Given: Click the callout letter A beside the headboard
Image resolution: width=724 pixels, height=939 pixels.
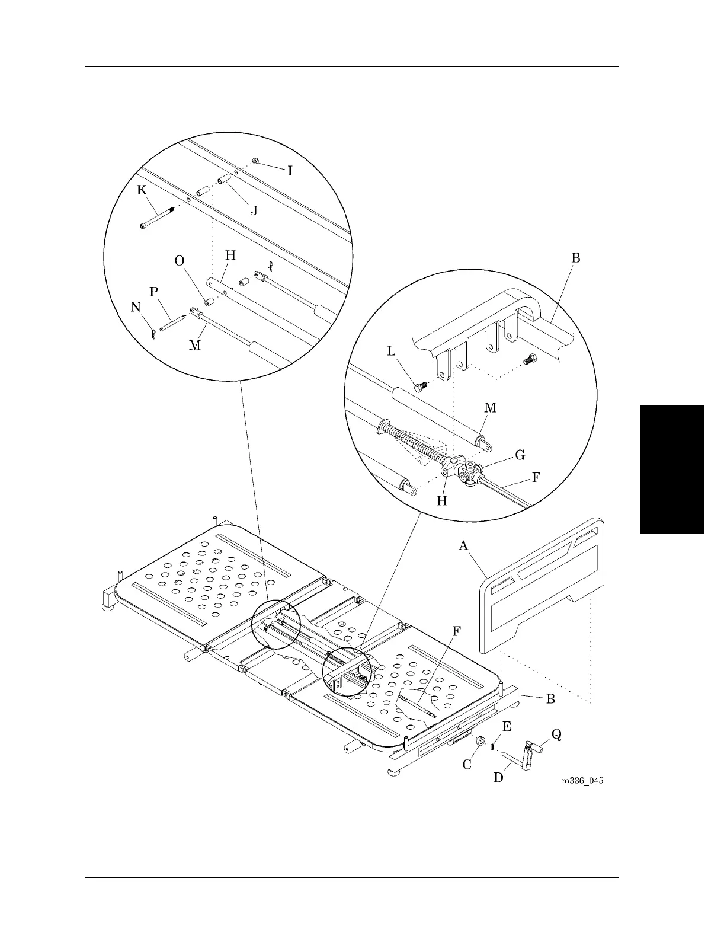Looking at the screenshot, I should click(x=464, y=545).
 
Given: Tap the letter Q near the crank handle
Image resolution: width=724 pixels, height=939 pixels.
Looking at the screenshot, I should click(x=556, y=734).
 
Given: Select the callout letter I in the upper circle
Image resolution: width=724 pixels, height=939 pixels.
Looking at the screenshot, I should click(x=290, y=171).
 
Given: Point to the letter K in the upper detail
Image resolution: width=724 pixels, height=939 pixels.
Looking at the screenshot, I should click(x=142, y=190).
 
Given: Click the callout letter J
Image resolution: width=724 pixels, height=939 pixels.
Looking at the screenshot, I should click(x=254, y=210).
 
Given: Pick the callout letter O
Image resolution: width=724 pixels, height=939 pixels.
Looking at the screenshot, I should click(x=180, y=261).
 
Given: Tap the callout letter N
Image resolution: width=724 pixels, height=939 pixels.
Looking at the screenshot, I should click(x=136, y=306).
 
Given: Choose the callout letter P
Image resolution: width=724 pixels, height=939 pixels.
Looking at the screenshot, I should click(x=154, y=292).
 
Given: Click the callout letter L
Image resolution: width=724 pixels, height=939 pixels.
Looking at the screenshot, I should click(x=392, y=351).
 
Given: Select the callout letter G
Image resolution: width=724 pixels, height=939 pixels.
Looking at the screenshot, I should click(x=520, y=455).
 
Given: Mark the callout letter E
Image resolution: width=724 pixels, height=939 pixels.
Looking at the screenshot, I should click(x=507, y=726).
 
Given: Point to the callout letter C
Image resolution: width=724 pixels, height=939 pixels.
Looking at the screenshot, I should click(x=467, y=764).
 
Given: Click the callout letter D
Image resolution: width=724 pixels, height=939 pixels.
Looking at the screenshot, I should click(x=499, y=776).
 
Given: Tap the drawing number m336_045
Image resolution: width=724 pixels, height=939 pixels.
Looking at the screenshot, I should click(x=582, y=780).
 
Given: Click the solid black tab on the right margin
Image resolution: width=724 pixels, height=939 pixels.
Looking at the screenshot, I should click(x=672, y=469).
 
